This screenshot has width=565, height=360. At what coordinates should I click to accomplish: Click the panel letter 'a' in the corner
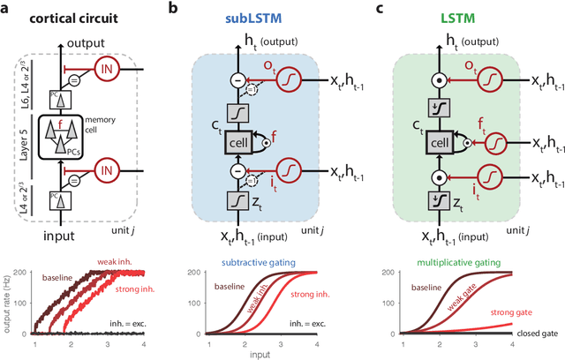click(x=7, y=8)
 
